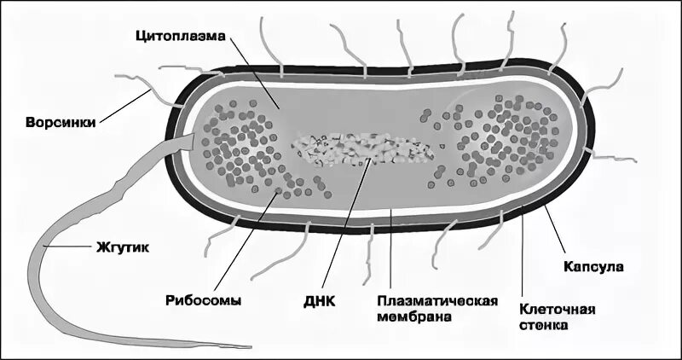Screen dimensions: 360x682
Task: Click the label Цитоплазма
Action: click(x=176, y=37)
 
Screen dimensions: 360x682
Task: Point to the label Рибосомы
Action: click(x=203, y=300)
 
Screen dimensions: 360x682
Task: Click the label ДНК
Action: click(x=320, y=300)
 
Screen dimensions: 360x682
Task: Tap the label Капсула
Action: click(x=593, y=266)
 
